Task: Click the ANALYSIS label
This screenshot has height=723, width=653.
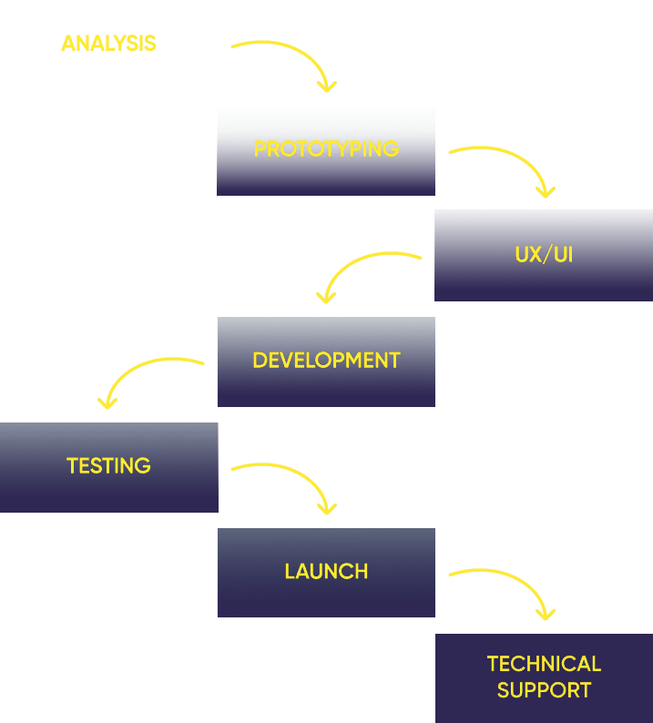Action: pyautogui.click(x=109, y=44)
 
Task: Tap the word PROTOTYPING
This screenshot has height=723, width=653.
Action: pyautogui.click(x=326, y=149)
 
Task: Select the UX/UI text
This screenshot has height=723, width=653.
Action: pyautogui.click(x=544, y=255)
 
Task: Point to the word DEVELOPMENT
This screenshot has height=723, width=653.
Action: pyautogui.click(x=326, y=360)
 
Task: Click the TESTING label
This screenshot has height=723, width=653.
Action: pyautogui.click(x=109, y=465)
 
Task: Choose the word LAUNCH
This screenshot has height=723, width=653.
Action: pyautogui.click(x=326, y=571)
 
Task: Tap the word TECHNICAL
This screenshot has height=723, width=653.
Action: pyautogui.click(x=545, y=664)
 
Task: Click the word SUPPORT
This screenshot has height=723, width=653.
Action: pyautogui.click(x=545, y=690)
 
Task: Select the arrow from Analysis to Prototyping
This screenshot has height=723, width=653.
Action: pyautogui.click(x=301, y=54)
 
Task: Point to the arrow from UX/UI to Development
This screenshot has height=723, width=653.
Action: pyautogui.click(x=352, y=265)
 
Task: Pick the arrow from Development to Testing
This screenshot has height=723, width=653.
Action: pyautogui.click(x=135, y=371)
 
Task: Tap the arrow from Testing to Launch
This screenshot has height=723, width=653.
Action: pyautogui.click(x=301, y=476)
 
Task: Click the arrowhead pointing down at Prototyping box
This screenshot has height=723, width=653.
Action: pyautogui.click(x=327, y=87)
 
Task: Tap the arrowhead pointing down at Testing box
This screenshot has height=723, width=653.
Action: pyautogui.click(x=107, y=403)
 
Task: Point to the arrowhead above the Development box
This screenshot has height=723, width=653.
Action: pyautogui.click(x=326, y=298)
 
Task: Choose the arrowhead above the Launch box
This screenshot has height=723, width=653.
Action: pyautogui.click(x=327, y=509)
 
